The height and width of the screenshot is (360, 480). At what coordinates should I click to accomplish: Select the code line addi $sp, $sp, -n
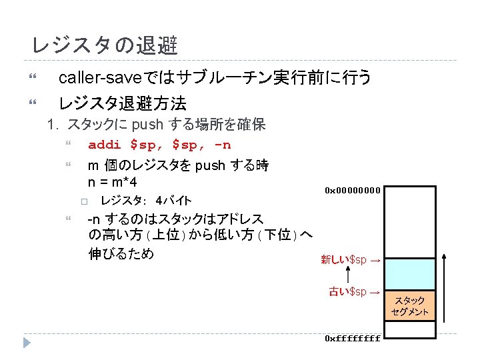pyautogui.click(x=159, y=145)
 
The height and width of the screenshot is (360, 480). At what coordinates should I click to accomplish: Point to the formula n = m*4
pyautogui.click(x=113, y=181)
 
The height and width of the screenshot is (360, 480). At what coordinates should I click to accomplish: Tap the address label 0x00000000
pyautogui.click(x=353, y=190)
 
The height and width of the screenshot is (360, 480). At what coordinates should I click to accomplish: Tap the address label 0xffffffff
pyautogui.click(x=353, y=338)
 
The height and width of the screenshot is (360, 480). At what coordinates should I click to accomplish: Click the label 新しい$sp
pyautogui.click(x=344, y=259)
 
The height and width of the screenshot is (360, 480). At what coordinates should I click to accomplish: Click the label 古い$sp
pyautogui.click(x=349, y=291)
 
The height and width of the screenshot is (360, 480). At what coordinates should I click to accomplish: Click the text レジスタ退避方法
pyautogui.click(x=123, y=103)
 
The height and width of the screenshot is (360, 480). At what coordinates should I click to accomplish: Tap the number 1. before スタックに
pyautogui.click(x=53, y=124)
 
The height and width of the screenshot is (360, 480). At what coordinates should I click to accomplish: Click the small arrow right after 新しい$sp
pyautogui.click(x=375, y=260)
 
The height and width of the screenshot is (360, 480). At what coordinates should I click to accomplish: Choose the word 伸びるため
pyautogui.click(x=121, y=253)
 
